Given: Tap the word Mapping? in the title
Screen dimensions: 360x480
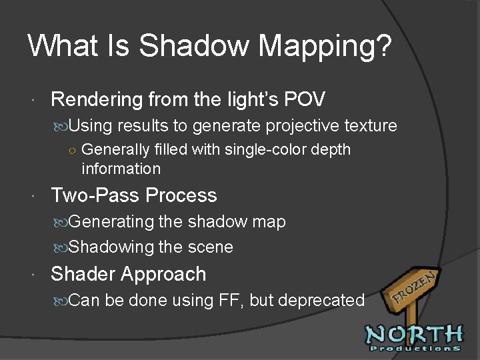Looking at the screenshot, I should click(x=325, y=46).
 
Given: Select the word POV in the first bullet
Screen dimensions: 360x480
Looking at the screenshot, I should click(x=305, y=100).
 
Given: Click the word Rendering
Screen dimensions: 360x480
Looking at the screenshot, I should click(x=97, y=100).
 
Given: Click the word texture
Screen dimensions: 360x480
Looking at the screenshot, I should click(x=371, y=125).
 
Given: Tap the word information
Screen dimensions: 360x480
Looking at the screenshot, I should click(x=121, y=169).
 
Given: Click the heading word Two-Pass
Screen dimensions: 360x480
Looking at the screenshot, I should click(x=96, y=195).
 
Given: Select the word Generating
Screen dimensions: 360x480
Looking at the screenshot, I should click(x=112, y=221).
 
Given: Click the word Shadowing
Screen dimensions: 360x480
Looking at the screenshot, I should click(x=111, y=247).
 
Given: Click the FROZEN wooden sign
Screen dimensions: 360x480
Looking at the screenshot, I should click(x=413, y=286).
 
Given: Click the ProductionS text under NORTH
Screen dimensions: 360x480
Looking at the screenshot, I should click(x=414, y=348).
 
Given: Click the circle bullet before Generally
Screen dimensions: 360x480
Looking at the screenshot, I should click(x=72, y=150).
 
